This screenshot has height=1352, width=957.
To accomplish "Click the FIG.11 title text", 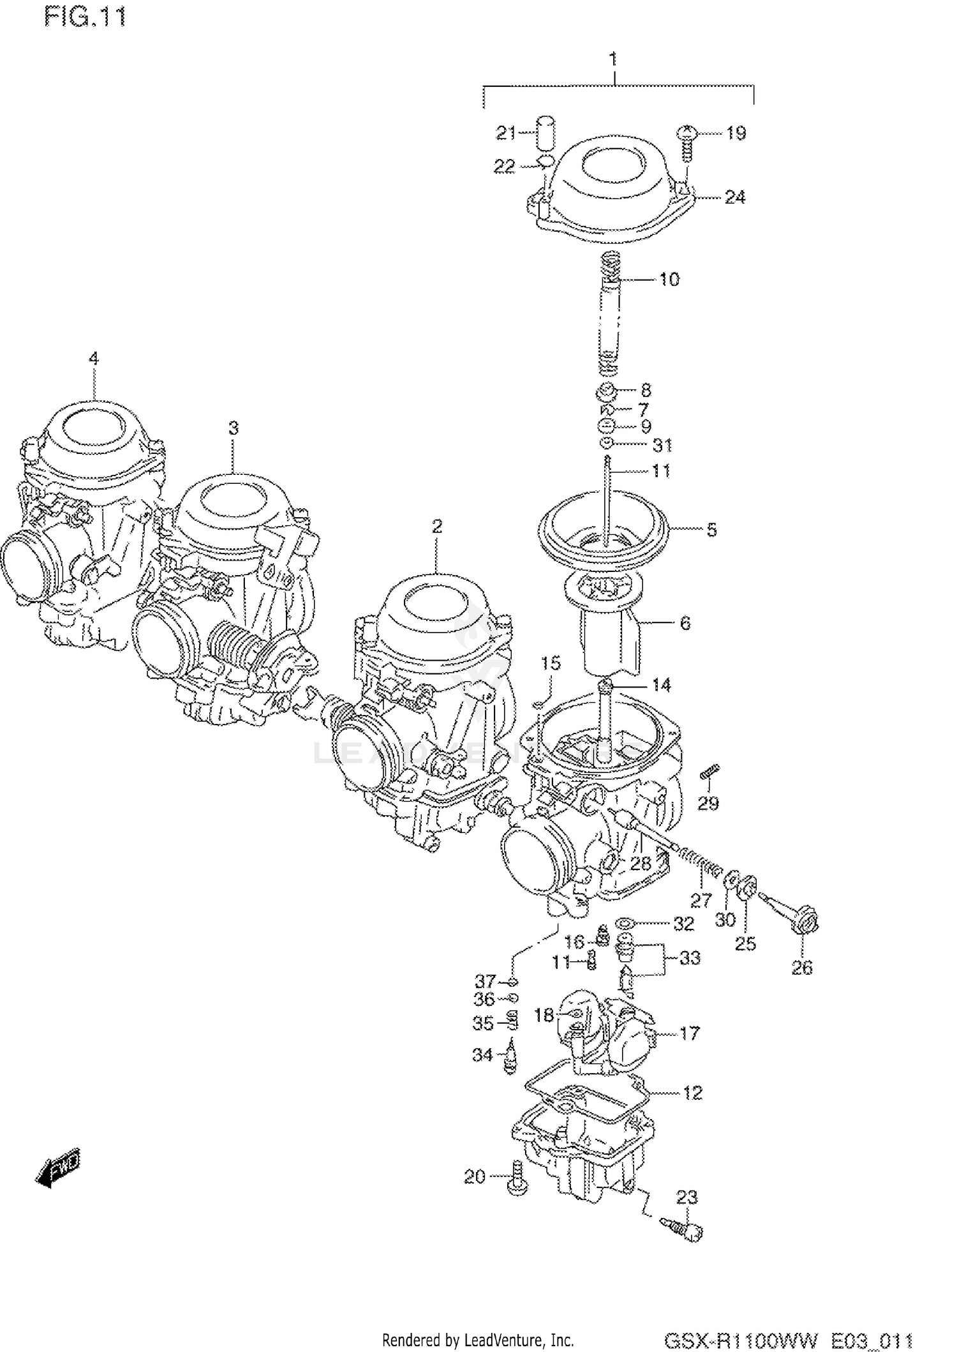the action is point(85,17).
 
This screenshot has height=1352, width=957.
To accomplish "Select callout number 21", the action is point(506,133).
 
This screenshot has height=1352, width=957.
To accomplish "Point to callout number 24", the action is point(734,197).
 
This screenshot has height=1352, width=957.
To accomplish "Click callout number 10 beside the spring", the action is point(669,279).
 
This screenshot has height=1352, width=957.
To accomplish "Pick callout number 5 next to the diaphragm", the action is point(711,529).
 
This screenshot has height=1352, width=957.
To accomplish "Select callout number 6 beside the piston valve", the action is point(685,622).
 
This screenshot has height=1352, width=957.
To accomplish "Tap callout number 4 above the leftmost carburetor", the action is point(94,358).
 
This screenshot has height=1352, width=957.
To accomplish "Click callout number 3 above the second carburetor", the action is point(234,428).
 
